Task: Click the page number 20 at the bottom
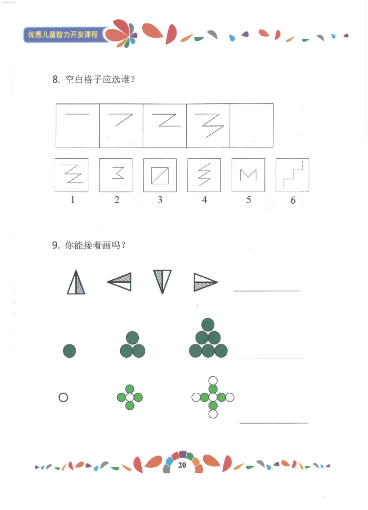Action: point(182,465)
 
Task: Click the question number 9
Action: point(56,246)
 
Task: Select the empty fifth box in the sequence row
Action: point(251,126)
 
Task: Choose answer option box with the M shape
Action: point(248,175)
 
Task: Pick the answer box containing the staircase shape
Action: point(292,175)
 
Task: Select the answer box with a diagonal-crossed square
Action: point(160,175)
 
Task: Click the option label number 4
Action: point(205,200)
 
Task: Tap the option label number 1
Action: point(72,200)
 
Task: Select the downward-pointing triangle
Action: point(162,281)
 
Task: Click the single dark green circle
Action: point(69,351)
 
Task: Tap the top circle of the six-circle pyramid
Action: point(208,325)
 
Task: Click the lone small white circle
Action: point(63,397)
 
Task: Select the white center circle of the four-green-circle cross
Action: point(130,397)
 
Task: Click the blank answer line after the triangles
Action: point(267,290)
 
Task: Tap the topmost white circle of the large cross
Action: point(213,380)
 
